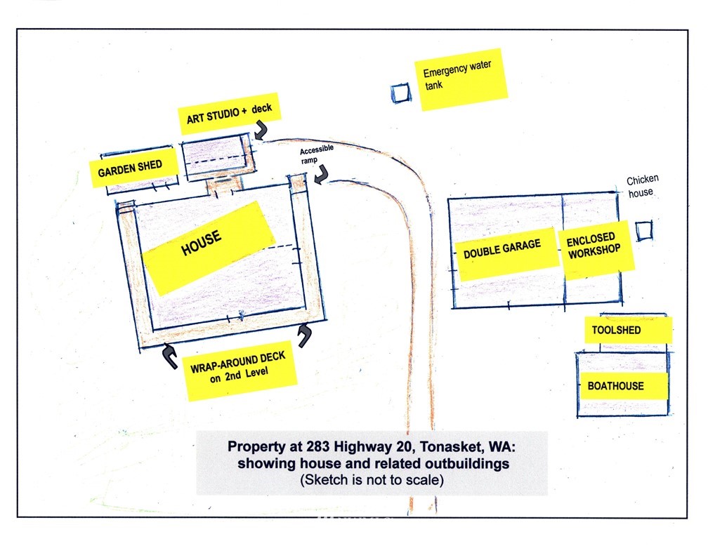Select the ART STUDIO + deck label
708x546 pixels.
pos(230,114)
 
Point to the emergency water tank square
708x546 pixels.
pos(401,93)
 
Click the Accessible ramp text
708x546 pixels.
pos(316,154)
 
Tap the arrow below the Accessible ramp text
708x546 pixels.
pos(322,175)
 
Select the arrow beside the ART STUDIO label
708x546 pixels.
pos(261,130)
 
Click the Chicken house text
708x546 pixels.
pos(642,187)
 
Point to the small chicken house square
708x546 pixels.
pos(644,231)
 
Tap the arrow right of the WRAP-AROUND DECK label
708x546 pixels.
pos(306,336)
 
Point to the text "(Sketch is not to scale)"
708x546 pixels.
pos(372,479)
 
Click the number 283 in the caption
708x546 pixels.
pos(318,446)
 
